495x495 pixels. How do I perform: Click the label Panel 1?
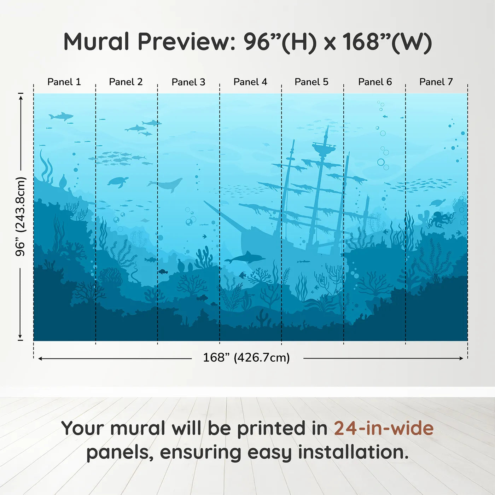tap(64, 82)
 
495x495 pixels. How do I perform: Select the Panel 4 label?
tap(250, 82)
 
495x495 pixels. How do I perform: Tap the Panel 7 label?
tap(436, 82)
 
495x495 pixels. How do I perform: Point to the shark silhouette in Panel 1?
tap(61, 116)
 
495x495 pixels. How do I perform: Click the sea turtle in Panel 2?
tap(118, 182)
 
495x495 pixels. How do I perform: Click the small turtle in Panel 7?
tap(438, 203)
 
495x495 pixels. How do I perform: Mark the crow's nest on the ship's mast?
tap(324, 148)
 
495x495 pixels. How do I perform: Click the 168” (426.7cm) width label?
tap(246, 358)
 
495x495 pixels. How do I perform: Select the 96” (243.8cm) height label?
tap(21, 216)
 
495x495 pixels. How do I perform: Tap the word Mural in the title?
tap(96, 42)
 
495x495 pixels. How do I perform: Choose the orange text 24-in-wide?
tap(384, 429)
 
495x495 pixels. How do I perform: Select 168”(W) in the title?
tap(387, 42)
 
